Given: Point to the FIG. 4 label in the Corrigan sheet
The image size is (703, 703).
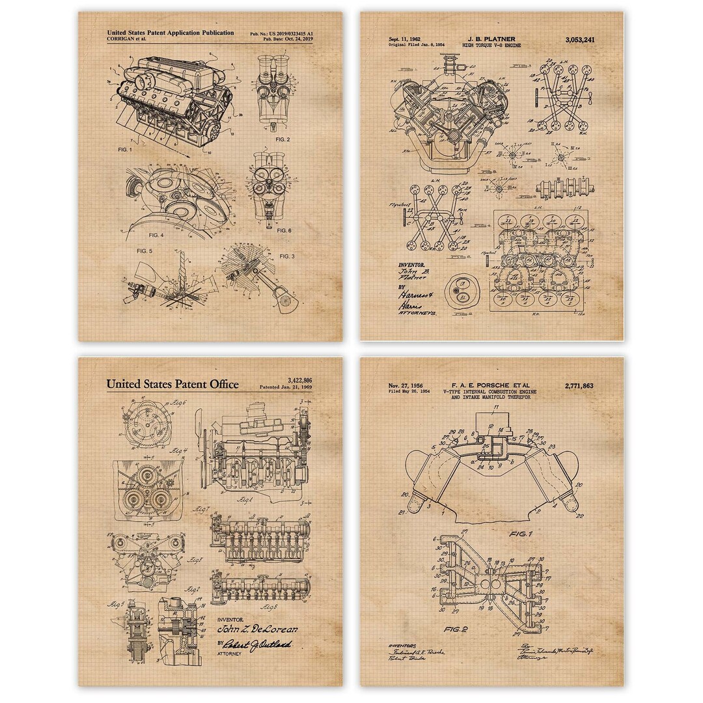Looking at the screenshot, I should point(156,234).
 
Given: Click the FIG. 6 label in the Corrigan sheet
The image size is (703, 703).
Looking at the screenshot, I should point(284,230).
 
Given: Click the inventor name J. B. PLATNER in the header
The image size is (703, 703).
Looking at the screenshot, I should point(496,39).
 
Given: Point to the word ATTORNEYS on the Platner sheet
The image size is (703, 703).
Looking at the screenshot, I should point(417,313).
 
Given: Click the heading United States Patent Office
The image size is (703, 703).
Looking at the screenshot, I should point(172,385).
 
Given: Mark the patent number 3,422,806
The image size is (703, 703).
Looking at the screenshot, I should point(299,380).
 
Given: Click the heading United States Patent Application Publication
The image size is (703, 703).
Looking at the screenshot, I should point(170,33).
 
